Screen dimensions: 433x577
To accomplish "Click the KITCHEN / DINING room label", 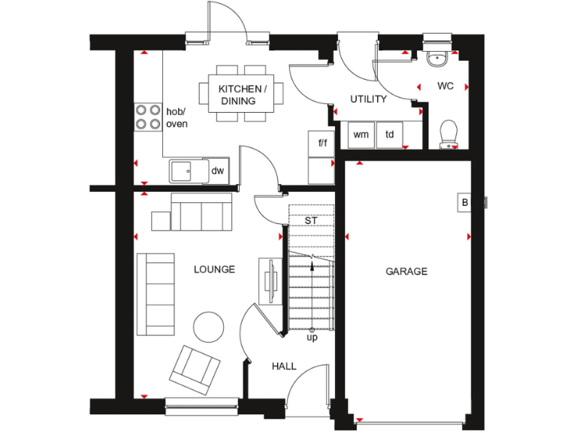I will coord(242,94).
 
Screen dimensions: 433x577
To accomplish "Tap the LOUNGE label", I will coord(214,269).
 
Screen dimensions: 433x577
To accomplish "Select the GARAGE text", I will coord(406,271).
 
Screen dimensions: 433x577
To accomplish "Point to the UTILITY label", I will coord(369,99).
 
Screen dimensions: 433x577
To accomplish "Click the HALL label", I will coord(284,366).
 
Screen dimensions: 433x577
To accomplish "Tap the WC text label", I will coord(446,86).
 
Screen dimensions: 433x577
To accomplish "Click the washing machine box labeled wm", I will coord(361,135).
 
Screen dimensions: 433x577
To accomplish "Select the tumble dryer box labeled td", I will coord(390,135).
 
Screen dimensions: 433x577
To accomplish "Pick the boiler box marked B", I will coord(464,202).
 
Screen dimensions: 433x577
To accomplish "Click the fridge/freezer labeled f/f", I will coord(322,142).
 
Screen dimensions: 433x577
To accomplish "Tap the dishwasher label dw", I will coord(217,171).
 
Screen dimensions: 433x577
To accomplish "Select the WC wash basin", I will coord(437,57).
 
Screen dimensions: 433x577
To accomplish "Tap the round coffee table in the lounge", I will coord(208,326).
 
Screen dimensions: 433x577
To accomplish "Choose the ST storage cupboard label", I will coord(310,221).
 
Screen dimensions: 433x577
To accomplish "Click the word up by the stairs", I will coord(312,338).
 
